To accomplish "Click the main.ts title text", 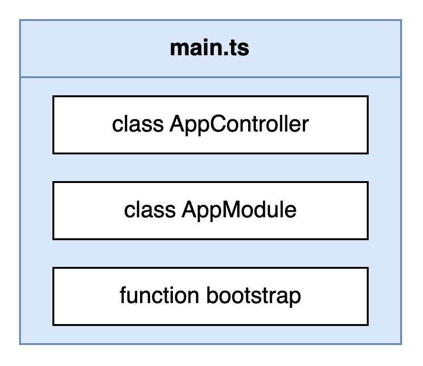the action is [x=210, y=48].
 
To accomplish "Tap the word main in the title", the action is [x=193, y=48].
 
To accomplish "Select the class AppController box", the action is [x=211, y=125].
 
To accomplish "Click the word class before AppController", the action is [x=138, y=124].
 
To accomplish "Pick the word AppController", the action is [x=239, y=124].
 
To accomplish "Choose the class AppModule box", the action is [x=211, y=211].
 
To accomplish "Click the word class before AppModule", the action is [x=150, y=210].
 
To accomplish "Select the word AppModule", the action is [x=239, y=210].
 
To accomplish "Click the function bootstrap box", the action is [x=211, y=296].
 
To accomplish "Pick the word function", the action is [x=160, y=295].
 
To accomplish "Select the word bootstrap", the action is [x=253, y=296].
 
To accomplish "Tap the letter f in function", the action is [x=123, y=295].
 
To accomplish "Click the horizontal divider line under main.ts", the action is [x=211, y=78].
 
